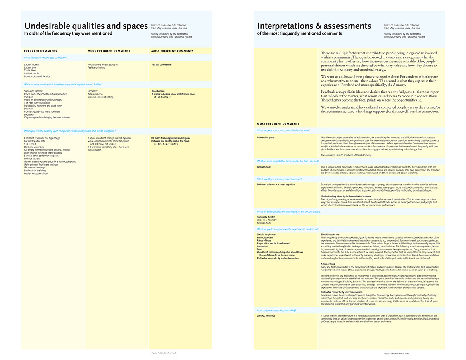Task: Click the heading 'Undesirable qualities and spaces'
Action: pyautogui.click(x=86, y=26)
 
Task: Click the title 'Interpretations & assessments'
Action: pyautogui.click(x=314, y=26)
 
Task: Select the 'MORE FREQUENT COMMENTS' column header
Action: pyautogui.click(x=109, y=51)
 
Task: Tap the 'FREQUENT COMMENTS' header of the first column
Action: pyautogui.click(x=40, y=51)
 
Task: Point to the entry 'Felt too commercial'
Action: pyautogui.click(x=161, y=64)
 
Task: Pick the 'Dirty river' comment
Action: pyautogui.click(x=93, y=91)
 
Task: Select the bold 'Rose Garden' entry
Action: pyautogui.click(x=158, y=91)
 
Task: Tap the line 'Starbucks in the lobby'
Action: pyautogui.click(x=35, y=171)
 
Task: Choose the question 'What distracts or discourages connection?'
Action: pyautogui.click(x=45, y=58)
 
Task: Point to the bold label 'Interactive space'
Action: pyautogui.click(x=265, y=137)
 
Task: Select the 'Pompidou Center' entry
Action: pyautogui.click(x=266, y=217)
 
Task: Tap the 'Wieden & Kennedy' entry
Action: pyautogui.click(x=266, y=220)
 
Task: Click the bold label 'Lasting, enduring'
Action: pyautogui.click(x=266, y=316)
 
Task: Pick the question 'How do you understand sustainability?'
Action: pyautogui.click(x=277, y=310)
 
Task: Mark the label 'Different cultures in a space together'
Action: pyautogui.click(x=276, y=185)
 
